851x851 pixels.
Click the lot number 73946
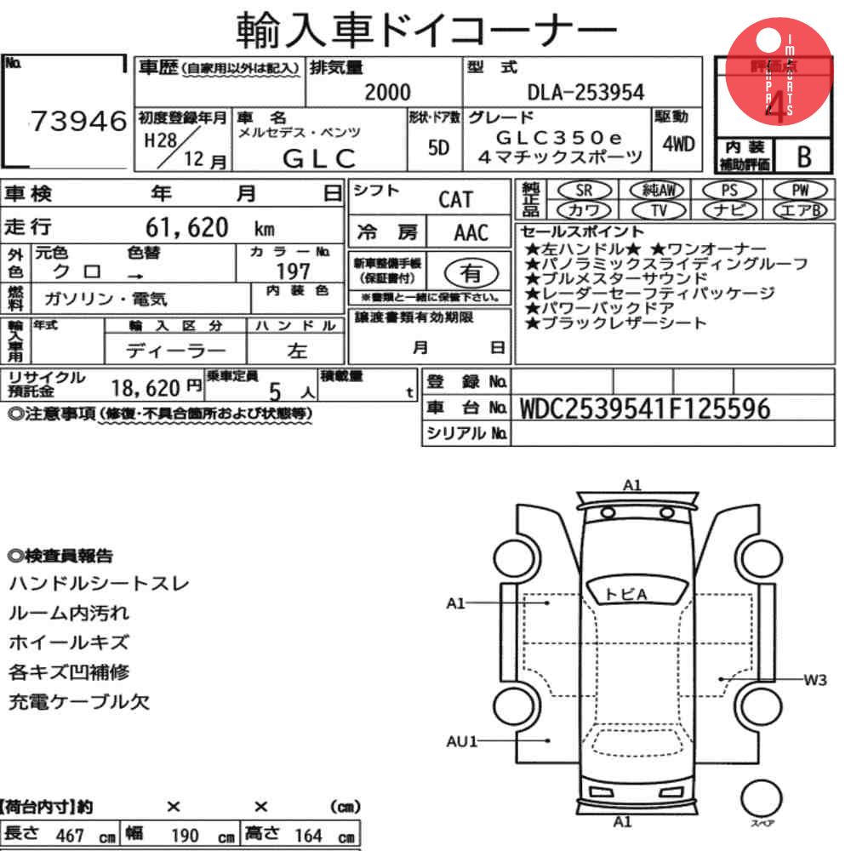click(x=78, y=123)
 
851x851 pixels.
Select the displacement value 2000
click(x=387, y=92)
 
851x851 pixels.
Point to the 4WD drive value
click(x=678, y=144)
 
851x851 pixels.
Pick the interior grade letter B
click(x=802, y=157)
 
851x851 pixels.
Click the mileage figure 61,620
click(x=187, y=227)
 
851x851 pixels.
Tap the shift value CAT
click(x=455, y=200)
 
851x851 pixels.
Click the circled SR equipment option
click(x=583, y=190)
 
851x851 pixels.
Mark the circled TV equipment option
click(x=658, y=209)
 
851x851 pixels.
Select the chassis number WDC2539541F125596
click(x=644, y=409)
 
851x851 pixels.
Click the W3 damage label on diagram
click(x=814, y=679)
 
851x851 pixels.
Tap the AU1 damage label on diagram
click(x=463, y=741)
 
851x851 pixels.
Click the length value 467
click(x=70, y=835)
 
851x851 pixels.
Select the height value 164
click(x=309, y=835)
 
